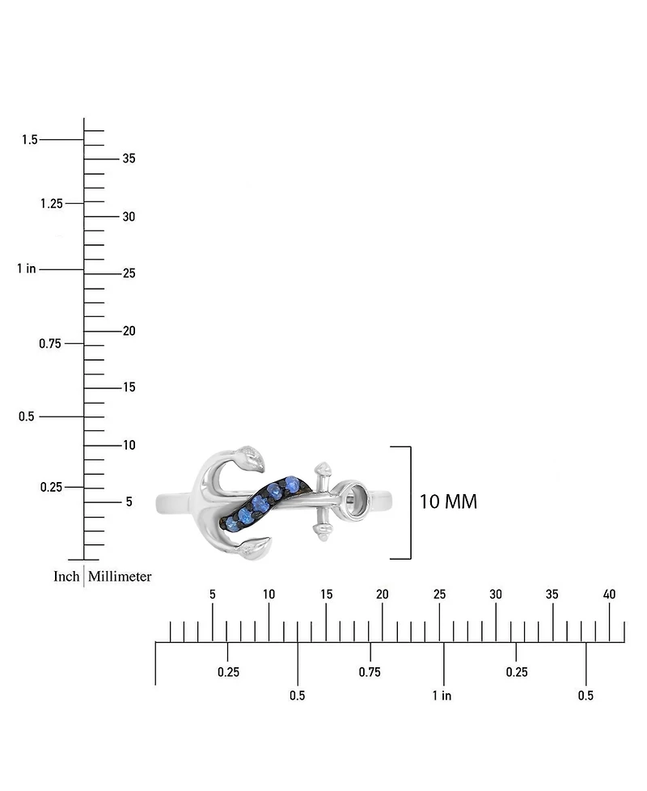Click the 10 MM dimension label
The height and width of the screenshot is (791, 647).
pos(448,501)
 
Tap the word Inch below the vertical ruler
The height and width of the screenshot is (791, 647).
pos(66,576)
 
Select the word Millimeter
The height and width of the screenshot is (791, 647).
pos(120,576)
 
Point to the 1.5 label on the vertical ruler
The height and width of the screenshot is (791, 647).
pos(30,139)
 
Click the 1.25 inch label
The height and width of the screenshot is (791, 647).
pos(52,203)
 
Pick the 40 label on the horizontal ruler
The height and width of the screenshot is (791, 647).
pos(609,594)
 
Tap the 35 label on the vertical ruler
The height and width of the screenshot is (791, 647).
pos(129,159)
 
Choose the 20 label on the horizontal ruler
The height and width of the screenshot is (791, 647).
pos(383,594)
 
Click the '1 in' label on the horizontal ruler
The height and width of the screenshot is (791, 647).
pos(442,696)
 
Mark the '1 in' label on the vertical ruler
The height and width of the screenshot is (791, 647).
pos(27,269)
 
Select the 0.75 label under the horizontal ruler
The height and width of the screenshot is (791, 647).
pos(370,672)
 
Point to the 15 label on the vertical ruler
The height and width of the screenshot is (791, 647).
pos(129,387)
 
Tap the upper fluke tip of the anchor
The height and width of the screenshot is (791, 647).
pos(263,472)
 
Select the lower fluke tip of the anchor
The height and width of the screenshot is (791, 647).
pos(270,539)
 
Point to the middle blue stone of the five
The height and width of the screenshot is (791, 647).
pos(260,502)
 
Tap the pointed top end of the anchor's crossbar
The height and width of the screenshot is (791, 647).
pos(322,463)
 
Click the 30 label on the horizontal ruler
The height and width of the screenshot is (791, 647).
pos(496,594)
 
